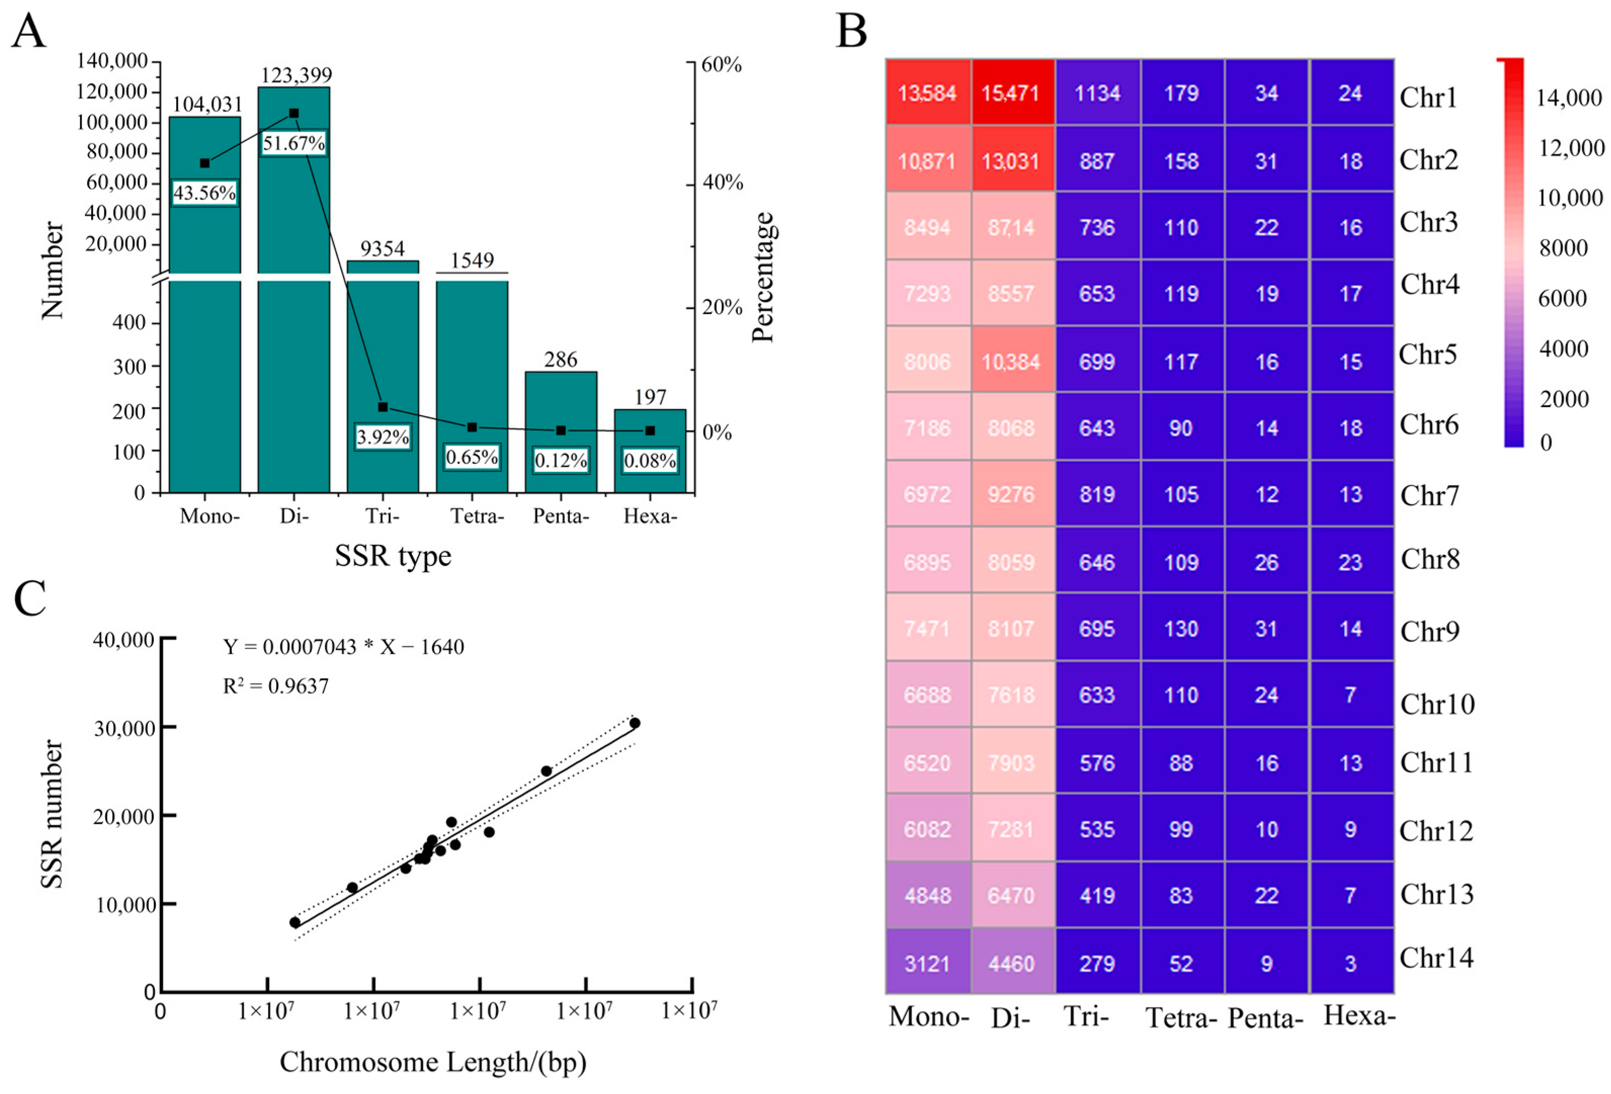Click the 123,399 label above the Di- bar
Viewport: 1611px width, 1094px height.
click(x=296, y=75)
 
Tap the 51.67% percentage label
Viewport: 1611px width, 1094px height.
click(x=293, y=144)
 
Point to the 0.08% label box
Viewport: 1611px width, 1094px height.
click(x=650, y=461)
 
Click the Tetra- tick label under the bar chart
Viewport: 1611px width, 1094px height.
click(x=477, y=516)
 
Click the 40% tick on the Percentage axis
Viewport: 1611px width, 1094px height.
click(x=722, y=183)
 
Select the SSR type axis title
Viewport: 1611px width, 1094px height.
click(x=393, y=556)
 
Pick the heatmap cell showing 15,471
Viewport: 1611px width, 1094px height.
click(x=1011, y=93)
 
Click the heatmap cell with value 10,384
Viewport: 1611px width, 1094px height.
click(x=1011, y=361)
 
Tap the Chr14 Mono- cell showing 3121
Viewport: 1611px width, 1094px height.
click(x=927, y=963)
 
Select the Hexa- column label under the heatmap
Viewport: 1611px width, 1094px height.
click(x=1359, y=1016)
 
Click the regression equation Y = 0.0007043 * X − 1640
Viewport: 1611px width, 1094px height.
click(x=343, y=647)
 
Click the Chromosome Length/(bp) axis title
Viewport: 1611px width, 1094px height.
click(x=433, y=1062)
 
